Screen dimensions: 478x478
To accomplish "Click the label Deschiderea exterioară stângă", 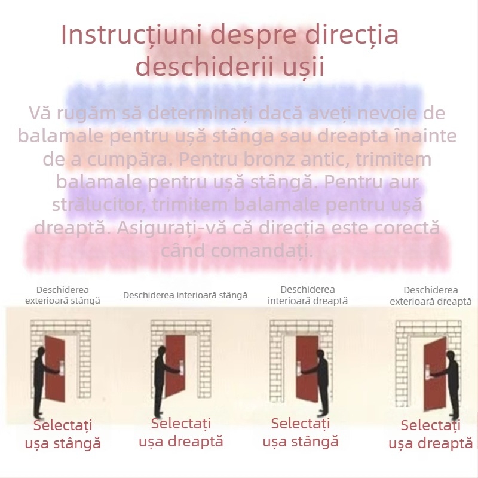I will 63,295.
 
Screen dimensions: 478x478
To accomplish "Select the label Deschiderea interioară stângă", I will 185,295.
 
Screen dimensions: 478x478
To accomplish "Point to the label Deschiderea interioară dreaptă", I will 307,295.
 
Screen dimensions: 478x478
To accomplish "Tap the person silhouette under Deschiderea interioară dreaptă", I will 322,382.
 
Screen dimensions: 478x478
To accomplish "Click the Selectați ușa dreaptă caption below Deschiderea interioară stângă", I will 181,433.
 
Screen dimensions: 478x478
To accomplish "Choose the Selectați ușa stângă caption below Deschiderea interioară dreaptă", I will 301,433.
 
